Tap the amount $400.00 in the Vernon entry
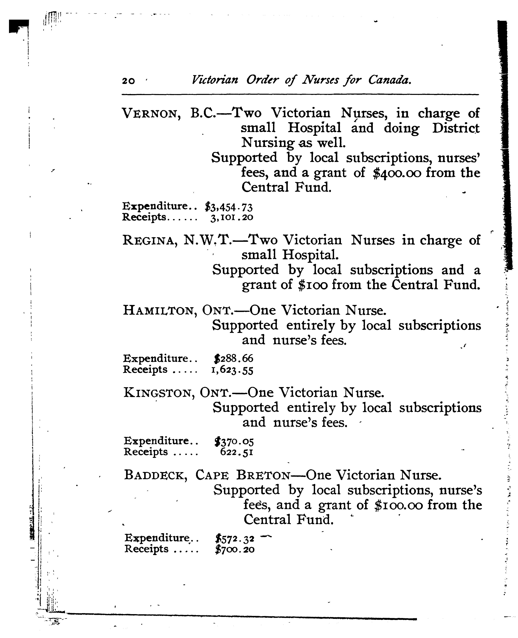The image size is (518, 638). coord(397,173)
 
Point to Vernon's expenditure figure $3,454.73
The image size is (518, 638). coord(229,207)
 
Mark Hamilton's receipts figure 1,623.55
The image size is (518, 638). coord(232,370)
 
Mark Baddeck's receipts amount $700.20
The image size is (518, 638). coord(235,549)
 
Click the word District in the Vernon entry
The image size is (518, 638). coord(456,128)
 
